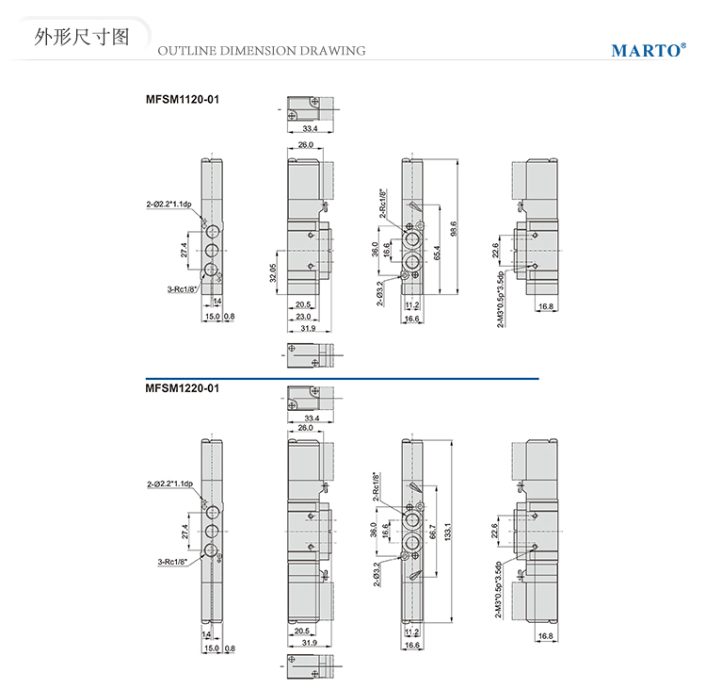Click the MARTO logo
point(648,50)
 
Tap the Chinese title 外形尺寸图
point(79,38)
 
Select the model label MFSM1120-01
point(183,97)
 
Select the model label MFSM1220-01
point(183,386)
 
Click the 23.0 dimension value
point(303,317)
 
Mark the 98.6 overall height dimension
point(454,229)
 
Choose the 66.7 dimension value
point(431,533)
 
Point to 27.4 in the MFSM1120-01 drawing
point(185,250)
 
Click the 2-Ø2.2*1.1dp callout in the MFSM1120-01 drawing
point(168,205)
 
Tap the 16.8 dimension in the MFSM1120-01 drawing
point(545,306)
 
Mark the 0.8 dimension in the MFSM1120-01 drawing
point(229,317)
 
